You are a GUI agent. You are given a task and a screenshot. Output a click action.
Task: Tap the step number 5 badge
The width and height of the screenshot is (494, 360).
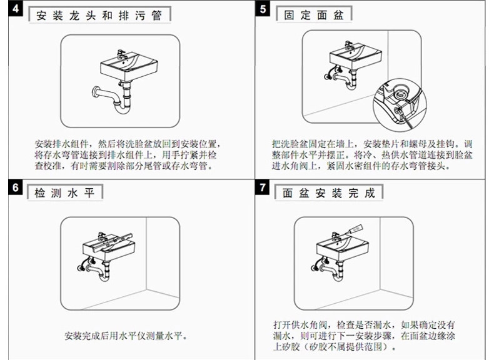coord(263,11)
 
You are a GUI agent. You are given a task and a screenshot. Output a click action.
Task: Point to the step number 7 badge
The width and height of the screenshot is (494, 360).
coord(263,187)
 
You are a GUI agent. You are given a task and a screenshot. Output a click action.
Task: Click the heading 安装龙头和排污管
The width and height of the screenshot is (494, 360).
coord(99,15)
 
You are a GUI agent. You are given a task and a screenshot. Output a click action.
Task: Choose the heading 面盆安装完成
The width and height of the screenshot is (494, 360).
coord(328,192)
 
